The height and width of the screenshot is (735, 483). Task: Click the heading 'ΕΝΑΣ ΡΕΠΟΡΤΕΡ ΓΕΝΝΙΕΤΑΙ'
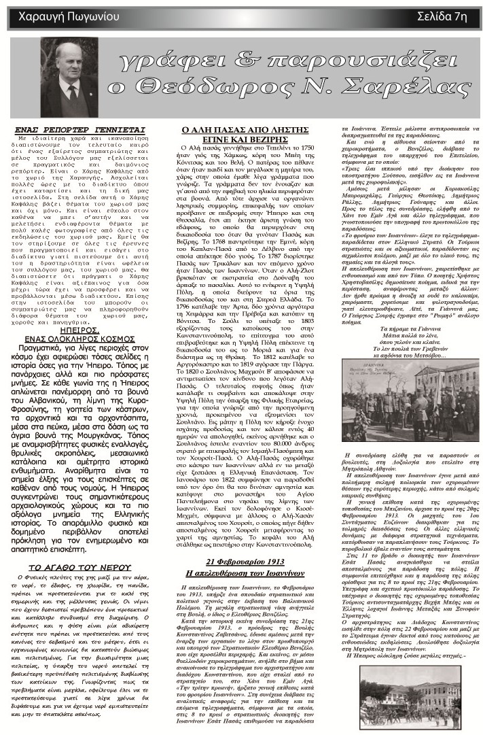[x=90, y=129]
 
